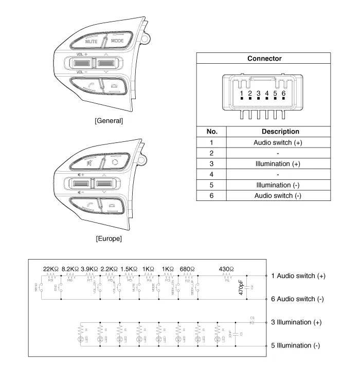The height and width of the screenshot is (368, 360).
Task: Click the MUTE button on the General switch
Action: (91, 40)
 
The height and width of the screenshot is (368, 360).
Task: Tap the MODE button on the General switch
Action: (117, 40)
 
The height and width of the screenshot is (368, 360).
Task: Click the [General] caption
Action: (109, 121)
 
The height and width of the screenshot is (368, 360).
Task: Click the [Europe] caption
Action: (109, 238)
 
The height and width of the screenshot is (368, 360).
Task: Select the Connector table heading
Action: (264, 59)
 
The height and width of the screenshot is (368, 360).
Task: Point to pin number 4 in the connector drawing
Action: (266, 94)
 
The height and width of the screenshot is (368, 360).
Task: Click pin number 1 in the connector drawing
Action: (241, 94)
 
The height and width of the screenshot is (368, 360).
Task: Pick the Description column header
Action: (280, 132)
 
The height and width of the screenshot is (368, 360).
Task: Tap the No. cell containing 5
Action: (211, 185)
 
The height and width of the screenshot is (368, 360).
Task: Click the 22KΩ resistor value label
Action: (51, 269)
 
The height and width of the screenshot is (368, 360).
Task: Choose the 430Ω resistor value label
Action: (226, 269)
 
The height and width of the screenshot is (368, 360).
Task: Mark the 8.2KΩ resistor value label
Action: (71, 269)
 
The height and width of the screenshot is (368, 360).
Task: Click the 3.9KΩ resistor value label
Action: (91, 269)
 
